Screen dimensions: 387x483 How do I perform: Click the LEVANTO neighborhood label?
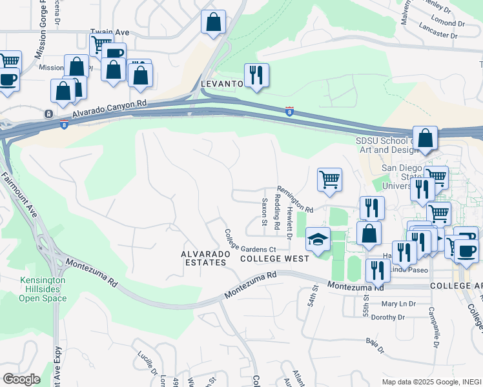click(221, 84)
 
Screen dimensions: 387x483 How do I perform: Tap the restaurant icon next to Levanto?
click(256, 75)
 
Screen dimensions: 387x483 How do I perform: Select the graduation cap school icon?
click(318, 239)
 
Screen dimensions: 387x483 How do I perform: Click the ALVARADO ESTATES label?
click(205, 259)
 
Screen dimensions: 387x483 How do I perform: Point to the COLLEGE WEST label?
click(274, 258)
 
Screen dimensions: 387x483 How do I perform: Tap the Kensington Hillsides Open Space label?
click(43, 290)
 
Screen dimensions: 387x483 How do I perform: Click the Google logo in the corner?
click(21, 379)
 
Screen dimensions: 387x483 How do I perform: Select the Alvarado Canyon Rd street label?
click(110, 109)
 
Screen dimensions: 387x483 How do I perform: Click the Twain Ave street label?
click(106, 32)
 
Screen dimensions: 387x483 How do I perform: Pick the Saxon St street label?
click(264, 207)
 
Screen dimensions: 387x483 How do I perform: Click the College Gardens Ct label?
click(250, 241)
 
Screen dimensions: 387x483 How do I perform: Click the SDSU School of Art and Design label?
click(384, 145)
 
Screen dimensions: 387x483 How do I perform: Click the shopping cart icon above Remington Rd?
click(329, 179)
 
